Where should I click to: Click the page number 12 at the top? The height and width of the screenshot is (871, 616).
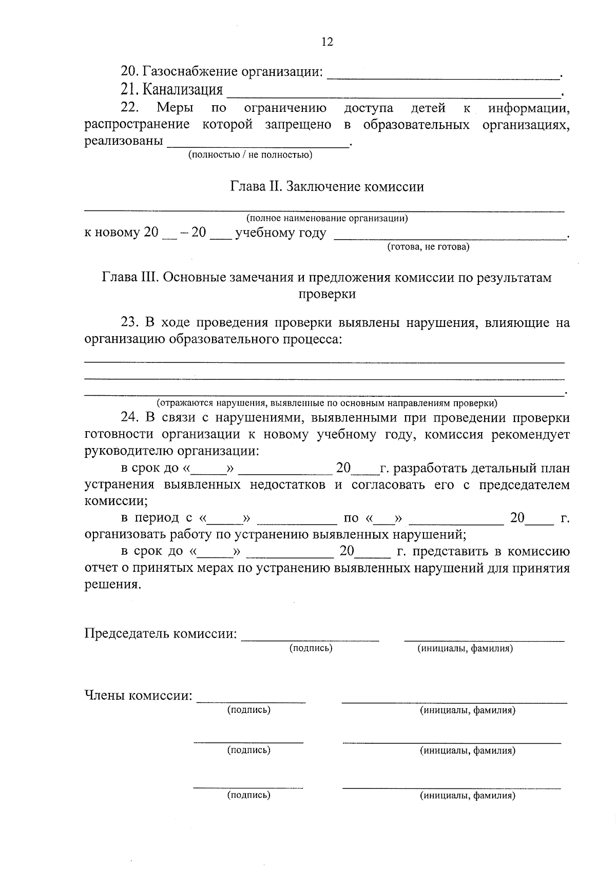click(x=327, y=42)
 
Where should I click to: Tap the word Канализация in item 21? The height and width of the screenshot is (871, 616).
click(x=182, y=90)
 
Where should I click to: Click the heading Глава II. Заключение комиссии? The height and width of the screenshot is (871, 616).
click(x=327, y=187)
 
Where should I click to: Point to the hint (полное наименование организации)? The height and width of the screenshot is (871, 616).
click(x=327, y=219)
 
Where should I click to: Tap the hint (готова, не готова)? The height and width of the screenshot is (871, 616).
click(x=428, y=247)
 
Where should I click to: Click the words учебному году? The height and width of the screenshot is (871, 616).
click(x=280, y=234)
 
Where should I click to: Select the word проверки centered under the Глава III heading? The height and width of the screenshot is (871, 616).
click(x=327, y=294)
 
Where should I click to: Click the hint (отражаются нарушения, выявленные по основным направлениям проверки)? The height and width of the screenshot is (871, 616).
click(x=327, y=403)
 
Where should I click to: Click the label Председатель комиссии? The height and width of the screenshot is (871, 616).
click(x=161, y=634)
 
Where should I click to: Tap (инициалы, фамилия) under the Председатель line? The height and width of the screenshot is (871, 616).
click(x=466, y=649)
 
